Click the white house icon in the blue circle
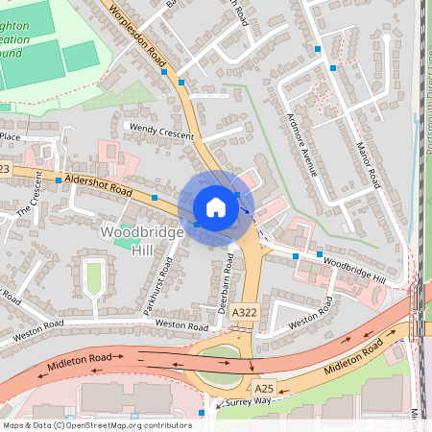pos(216,206)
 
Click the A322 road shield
pos(244,312)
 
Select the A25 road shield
pos(263,387)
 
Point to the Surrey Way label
pos(236,403)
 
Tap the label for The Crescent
pos(26,197)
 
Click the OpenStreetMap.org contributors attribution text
pos(125,424)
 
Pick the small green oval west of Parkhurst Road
pos(94,277)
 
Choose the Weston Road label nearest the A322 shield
pos(181,325)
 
